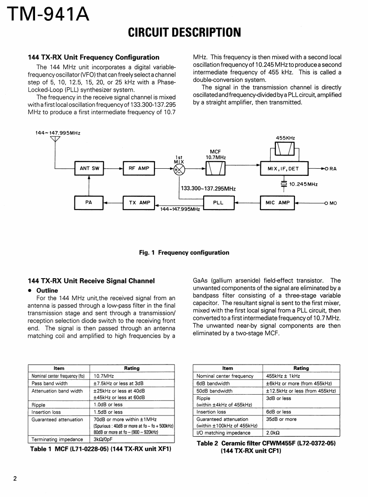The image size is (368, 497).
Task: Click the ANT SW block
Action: [89, 169]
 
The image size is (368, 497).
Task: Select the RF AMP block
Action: [139, 169]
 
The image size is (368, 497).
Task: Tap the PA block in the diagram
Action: [89, 202]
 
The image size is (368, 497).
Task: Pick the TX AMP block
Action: [139, 203]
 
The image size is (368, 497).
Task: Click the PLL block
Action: [218, 202]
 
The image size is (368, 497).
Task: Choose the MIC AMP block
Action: [278, 203]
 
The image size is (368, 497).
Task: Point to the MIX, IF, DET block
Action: [283, 169]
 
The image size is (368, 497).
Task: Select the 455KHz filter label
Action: [285, 138]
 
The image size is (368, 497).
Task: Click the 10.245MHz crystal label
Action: [303, 184]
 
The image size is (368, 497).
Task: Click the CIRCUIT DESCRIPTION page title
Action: [184, 32]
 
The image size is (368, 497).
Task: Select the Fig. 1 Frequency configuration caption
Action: [184, 253]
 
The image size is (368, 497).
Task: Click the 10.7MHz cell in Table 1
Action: [103, 376]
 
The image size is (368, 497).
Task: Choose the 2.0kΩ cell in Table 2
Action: [273, 433]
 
